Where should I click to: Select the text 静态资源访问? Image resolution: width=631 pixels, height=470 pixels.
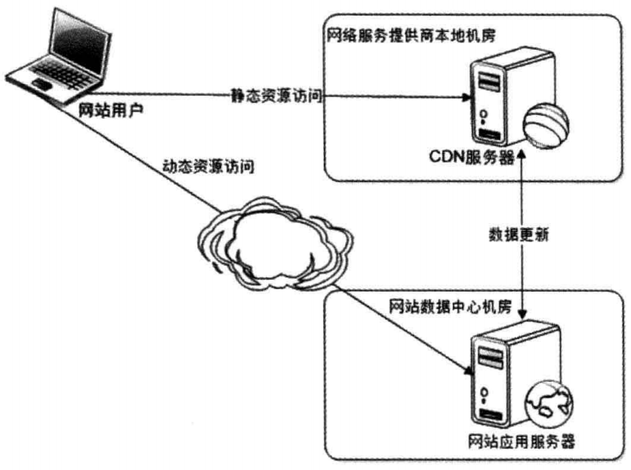(276, 96)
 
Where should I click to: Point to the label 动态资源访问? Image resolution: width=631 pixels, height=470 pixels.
(208, 168)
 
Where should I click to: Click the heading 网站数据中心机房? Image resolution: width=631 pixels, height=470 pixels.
(449, 308)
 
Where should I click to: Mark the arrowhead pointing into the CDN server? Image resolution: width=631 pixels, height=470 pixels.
(466, 96)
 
